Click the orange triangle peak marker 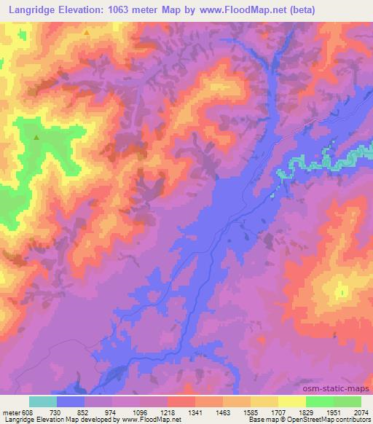point(87,33)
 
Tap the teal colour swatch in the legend point(43,401)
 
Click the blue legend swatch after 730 point(71,401)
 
